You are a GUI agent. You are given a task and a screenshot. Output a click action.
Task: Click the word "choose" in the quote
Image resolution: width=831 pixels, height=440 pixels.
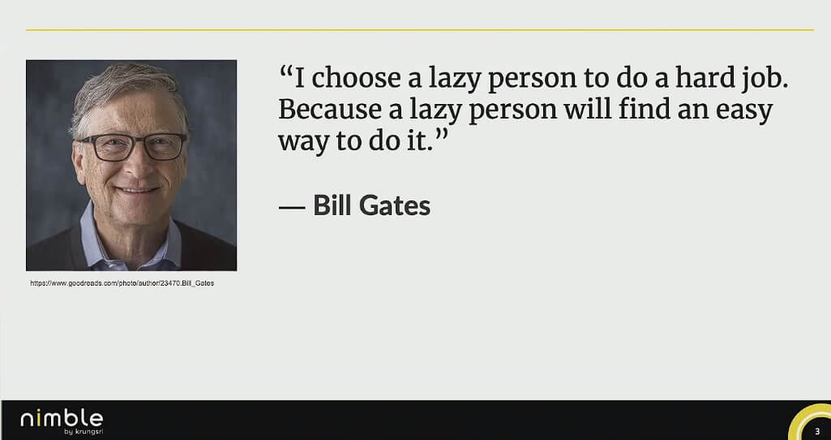pyautogui.click(x=356, y=78)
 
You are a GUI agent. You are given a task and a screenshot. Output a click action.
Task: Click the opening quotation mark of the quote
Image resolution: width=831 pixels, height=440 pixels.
pyautogui.click(x=286, y=71)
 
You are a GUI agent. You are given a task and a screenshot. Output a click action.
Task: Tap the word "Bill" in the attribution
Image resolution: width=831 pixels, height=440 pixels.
pyautogui.click(x=333, y=205)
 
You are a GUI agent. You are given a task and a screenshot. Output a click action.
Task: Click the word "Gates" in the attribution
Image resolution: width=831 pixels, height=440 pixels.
pyautogui.click(x=394, y=205)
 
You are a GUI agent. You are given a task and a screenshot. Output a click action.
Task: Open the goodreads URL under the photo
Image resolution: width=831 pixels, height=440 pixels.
pyautogui.click(x=122, y=283)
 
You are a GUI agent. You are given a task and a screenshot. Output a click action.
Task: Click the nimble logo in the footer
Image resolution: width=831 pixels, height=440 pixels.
pyautogui.click(x=62, y=418)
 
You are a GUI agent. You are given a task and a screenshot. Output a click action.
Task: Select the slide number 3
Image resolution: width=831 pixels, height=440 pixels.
pyautogui.click(x=817, y=431)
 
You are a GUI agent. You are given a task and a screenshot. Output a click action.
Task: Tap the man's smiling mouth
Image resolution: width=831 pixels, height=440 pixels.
pyautogui.click(x=138, y=190)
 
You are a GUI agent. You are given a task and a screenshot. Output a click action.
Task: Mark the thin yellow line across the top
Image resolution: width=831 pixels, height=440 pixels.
pyautogui.click(x=420, y=30)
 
